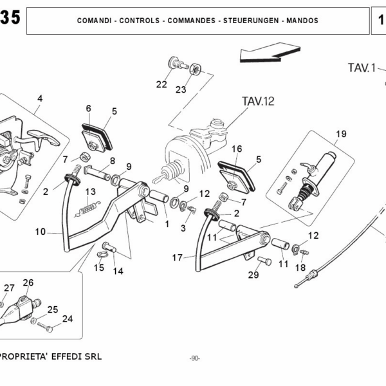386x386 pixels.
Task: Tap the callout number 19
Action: [340, 134]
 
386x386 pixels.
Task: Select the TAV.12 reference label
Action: [258, 101]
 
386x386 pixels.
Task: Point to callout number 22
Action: [161, 84]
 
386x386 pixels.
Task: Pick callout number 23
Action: [181, 89]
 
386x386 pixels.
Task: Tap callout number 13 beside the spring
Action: [91, 191]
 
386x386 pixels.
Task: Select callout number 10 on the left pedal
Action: [41, 231]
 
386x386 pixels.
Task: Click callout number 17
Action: [178, 259]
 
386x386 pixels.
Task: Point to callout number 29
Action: [254, 275]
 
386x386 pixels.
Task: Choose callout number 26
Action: [28, 282]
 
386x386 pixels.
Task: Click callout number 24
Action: [68, 318]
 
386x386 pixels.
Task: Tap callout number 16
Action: [237, 149]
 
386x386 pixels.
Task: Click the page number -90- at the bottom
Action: [194, 358]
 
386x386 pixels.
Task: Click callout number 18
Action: [300, 268]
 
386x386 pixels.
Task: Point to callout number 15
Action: [99, 268]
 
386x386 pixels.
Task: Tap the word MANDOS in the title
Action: [301, 21]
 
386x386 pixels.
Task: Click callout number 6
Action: [88, 108]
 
